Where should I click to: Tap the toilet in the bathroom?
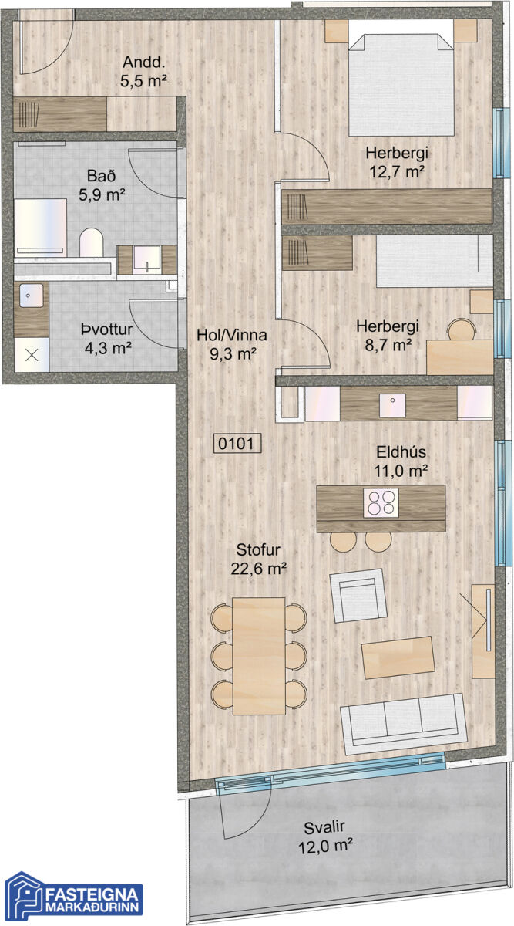[91, 242]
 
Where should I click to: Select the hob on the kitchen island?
[381, 502]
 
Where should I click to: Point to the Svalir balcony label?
[325, 836]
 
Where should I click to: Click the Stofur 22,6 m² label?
[258, 559]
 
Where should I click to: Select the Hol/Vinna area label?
[232, 344]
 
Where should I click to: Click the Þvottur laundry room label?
[107, 339]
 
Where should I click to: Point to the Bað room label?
[102, 184]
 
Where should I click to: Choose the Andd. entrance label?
[143, 71]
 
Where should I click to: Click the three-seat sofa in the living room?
[404, 724]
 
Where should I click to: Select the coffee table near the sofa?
[398, 657]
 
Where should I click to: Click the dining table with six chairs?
[259, 656]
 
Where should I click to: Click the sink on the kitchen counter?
[392, 405]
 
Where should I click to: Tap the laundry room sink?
[31, 295]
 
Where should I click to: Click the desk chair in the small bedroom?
[462, 329]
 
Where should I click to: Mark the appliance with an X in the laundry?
[32, 355]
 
